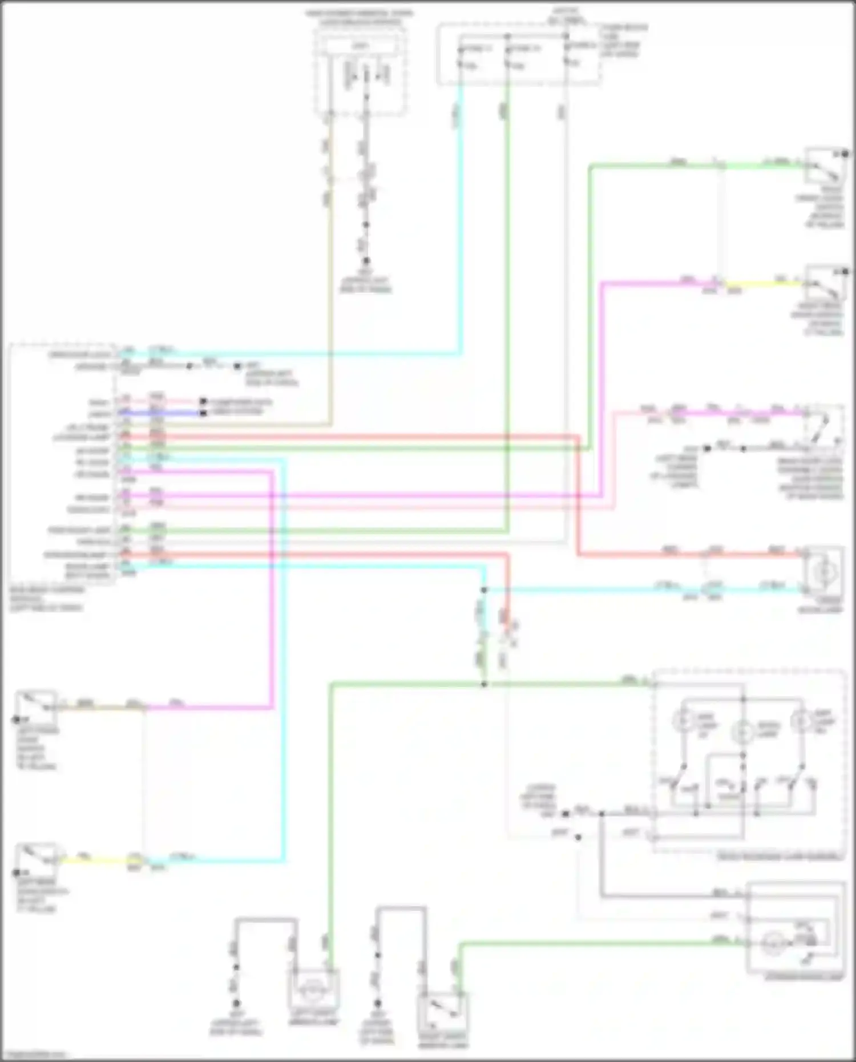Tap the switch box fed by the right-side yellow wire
825,283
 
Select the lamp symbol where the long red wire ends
823,572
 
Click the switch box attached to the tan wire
35,708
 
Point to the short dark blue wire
171,413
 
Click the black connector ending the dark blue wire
203,413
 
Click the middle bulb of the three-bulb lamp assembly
742,730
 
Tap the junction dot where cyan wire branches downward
484,590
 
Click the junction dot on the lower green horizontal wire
484,684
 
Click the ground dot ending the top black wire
366,261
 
